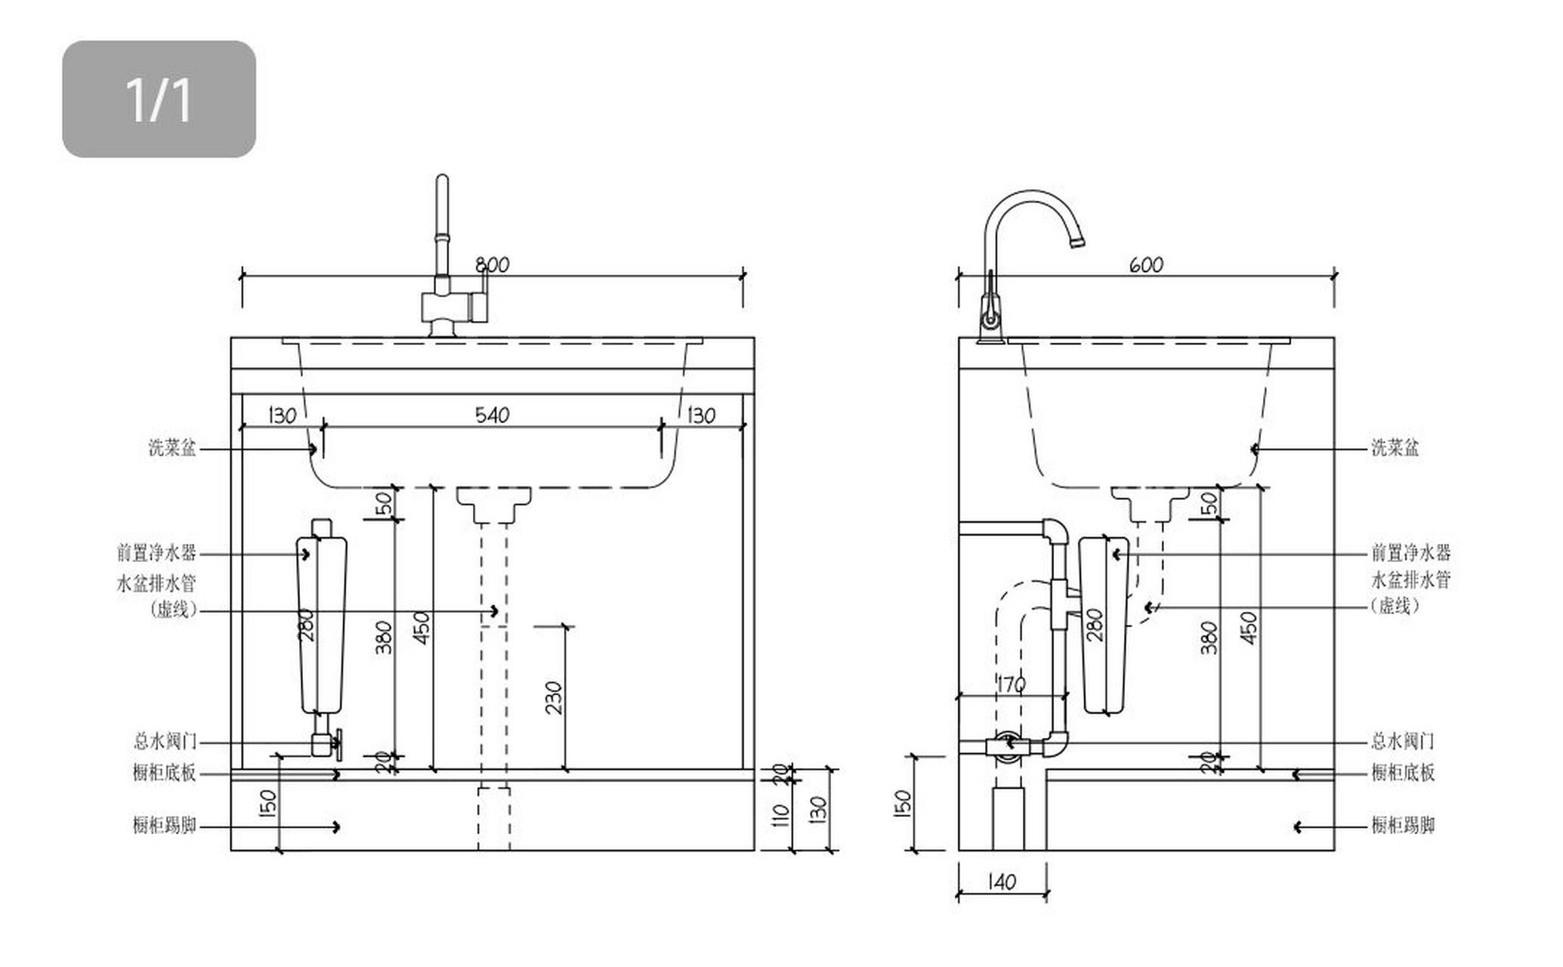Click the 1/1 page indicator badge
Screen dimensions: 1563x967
(x=159, y=99)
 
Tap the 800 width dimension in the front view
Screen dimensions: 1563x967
(x=492, y=264)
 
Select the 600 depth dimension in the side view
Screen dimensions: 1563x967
(x=1146, y=264)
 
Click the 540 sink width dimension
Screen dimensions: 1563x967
(x=492, y=415)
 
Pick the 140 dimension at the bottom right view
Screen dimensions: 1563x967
(x=1002, y=882)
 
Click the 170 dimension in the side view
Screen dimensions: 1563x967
(x=1011, y=684)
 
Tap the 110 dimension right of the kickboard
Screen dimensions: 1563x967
(x=782, y=816)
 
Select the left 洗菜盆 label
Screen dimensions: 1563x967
(x=172, y=448)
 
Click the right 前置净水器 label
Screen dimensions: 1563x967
(x=1411, y=553)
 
